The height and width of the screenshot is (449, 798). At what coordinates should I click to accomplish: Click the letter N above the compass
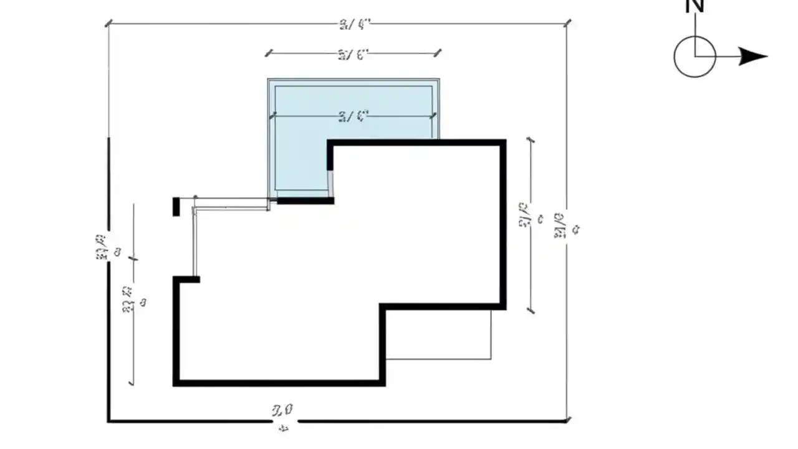click(695, 6)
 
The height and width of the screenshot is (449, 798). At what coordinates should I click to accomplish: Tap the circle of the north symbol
click(695, 56)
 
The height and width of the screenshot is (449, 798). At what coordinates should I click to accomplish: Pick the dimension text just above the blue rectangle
click(353, 54)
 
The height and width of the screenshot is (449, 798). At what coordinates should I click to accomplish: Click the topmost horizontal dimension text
click(355, 24)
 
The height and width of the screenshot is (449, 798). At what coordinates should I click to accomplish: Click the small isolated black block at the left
click(176, 206)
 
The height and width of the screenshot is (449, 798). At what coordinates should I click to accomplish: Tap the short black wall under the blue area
click(305, 200)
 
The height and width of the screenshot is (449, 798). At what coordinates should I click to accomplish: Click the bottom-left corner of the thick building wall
click(176, 382)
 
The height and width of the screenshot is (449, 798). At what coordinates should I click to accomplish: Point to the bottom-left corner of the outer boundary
click(109, 421)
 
